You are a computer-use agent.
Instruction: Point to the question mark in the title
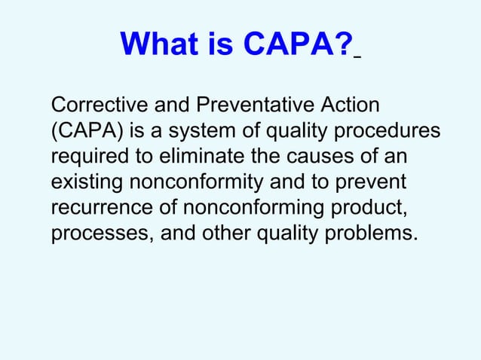coord(345,47)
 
